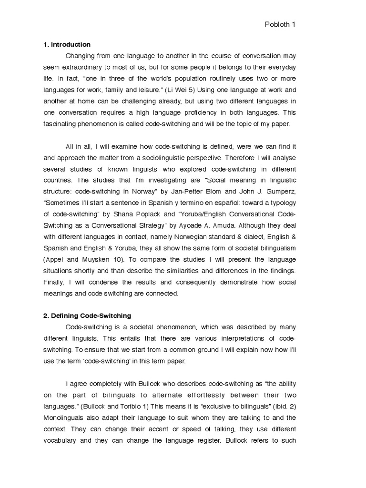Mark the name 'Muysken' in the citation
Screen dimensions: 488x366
[x=94, y=259]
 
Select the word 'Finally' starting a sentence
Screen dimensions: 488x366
[x=51, y=282]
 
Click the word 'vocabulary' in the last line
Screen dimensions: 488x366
[x=60, y=440]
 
